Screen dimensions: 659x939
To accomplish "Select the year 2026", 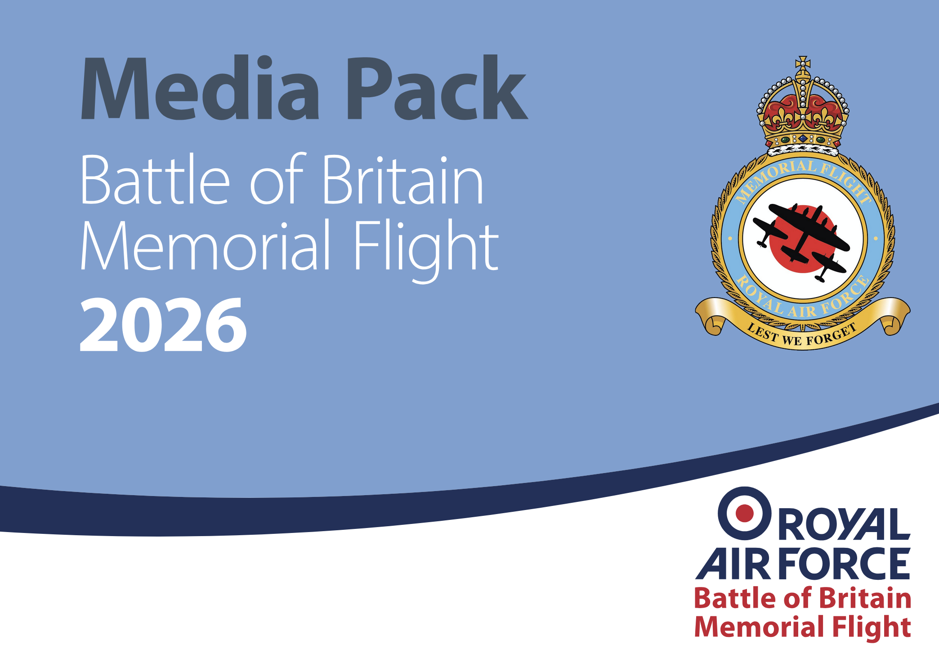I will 163,325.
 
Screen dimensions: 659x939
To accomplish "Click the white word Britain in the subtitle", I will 402,180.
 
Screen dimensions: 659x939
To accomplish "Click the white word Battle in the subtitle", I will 155,180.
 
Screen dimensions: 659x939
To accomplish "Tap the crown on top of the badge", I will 803,113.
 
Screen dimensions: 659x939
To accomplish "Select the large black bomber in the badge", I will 805,230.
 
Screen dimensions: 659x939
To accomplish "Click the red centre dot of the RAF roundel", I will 744,513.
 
